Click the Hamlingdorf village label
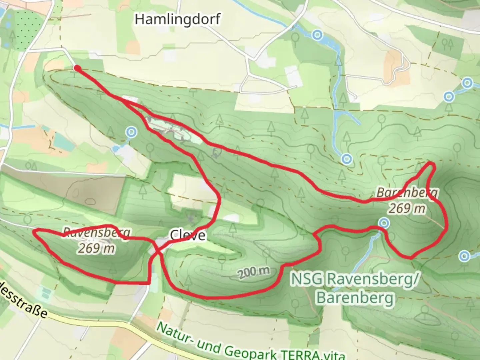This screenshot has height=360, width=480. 177,19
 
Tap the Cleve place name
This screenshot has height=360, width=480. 188,235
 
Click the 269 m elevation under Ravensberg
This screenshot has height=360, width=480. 96,248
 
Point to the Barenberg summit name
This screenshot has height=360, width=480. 407,193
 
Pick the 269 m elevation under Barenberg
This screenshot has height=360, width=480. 407,208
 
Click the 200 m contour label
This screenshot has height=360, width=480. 254,272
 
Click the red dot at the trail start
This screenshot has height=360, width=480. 77,68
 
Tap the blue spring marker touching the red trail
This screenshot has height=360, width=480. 384,223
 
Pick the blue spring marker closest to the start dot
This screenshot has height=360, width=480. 132,132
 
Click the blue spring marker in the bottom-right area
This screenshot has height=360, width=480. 464,256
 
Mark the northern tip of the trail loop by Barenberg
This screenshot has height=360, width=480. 432,163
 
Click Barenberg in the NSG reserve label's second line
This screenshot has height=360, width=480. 355,297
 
